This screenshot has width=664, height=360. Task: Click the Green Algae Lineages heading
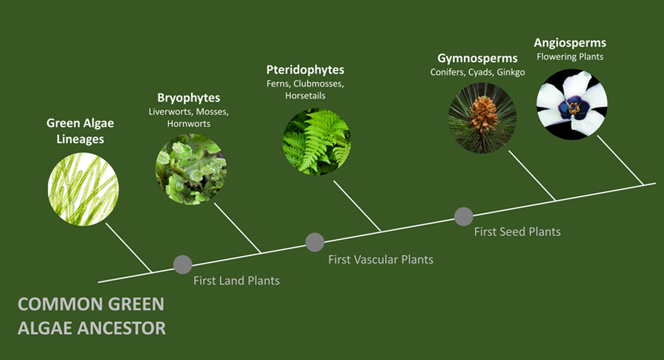point(80,131)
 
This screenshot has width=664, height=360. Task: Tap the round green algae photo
point(83,190)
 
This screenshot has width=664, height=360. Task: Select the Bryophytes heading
point(188,98)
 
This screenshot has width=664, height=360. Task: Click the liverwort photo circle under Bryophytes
point(191,170)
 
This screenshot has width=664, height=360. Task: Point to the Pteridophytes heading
point(305,70)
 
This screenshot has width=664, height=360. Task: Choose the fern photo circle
point(317,142)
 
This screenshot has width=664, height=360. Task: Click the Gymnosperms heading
point(477,58)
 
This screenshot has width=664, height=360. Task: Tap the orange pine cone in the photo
point(483,114)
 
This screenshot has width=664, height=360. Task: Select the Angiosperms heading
point(570,44)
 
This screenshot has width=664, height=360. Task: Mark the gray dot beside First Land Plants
point(182,265)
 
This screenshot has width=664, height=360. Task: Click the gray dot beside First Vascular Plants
point(314,242)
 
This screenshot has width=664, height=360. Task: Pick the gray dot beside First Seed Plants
point(464,216)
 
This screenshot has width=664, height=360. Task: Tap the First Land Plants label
point(236,280)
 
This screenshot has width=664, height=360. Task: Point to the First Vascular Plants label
point(381,259)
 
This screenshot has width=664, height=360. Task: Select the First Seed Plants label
point(517,232)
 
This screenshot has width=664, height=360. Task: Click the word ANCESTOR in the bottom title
point(123,328)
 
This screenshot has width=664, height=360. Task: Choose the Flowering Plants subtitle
point(570,57)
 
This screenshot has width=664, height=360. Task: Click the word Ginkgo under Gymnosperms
point(511,72)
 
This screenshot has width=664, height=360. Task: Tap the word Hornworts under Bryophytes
point(188,124)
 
